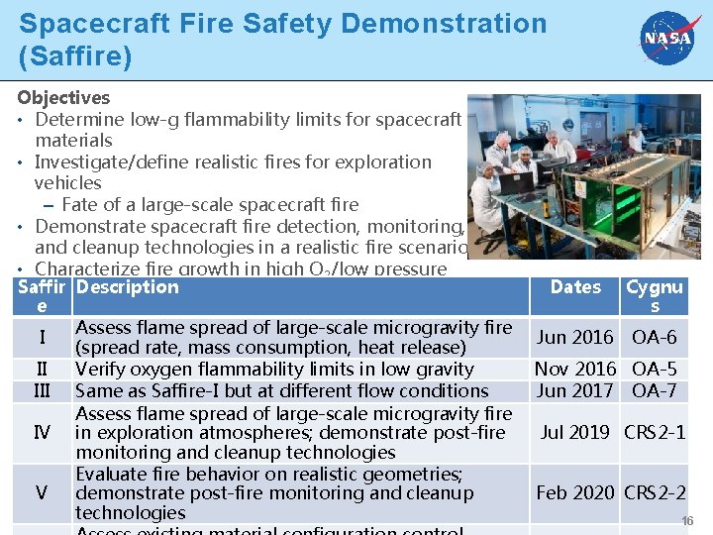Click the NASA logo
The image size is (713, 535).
click(667, 39)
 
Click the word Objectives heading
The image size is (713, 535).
click(63, 98)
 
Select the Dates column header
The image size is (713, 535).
click(575, 287)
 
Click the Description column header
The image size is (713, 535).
click(127, 287)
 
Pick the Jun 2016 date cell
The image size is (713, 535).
click(574, 337)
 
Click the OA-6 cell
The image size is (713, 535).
click(654, 337)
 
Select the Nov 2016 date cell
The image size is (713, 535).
click(574, 370)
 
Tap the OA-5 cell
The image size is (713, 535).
click(654, 370)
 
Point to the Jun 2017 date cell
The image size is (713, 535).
click(574, 390)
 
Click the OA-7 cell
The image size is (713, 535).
click(654, 390)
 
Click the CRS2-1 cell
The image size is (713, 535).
click(655, 432)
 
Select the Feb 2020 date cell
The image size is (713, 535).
click(574, 492)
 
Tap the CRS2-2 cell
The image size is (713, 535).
click(655, 492)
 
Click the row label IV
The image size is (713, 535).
click(42, 432)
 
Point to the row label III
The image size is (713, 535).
click(42, 390)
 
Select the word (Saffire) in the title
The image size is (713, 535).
click(75, 55)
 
